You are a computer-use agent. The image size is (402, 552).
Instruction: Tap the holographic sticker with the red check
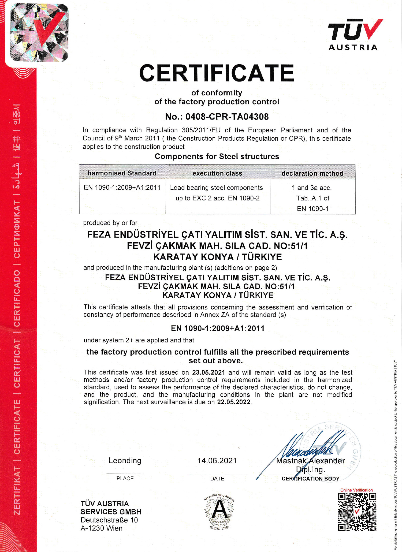pyautogui.click(x=39, y=33)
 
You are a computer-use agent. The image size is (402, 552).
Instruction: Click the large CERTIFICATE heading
pyautogui.click(x=217, y=73)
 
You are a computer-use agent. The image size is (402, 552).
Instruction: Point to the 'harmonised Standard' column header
pyautogui.click(x=122, y=173)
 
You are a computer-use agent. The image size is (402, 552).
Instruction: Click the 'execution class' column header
pyautogui.click(x=217, y=173)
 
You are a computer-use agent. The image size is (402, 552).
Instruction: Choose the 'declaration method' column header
pyautogui.click(x=312, y=173)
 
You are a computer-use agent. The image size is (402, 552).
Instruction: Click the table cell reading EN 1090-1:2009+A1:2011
pyautogui.click(x=122, y=187)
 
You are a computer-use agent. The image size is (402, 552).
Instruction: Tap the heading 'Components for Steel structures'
pyautogui.click(x=217, y=156)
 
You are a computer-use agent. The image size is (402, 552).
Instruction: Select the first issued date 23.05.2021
pyautogui.click(x=209, y=372)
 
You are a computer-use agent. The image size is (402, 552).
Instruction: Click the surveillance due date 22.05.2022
pyautogui.click(x=234, y=402)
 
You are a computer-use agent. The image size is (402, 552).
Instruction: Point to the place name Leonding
pyautogui.click(x=125, y=461)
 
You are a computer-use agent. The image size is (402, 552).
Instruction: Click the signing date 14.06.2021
pyautogui.click(x=217, y=461)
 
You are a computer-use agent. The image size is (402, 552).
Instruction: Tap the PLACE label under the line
pyautogui.click(x=125, y=478)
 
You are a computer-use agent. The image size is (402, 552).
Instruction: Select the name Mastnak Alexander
pyautogui.click(x=310, y=461)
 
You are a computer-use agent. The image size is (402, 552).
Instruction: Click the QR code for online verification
pyautogui.click(x=357, y=512)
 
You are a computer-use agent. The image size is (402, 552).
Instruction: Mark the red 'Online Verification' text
pyautogui.click(x=356, y=490)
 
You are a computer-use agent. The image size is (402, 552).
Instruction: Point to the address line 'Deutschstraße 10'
pyautogui.click(x=109, y=520)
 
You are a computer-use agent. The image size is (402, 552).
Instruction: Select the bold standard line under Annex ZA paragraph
pyautogui.click(x=218, y=328)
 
